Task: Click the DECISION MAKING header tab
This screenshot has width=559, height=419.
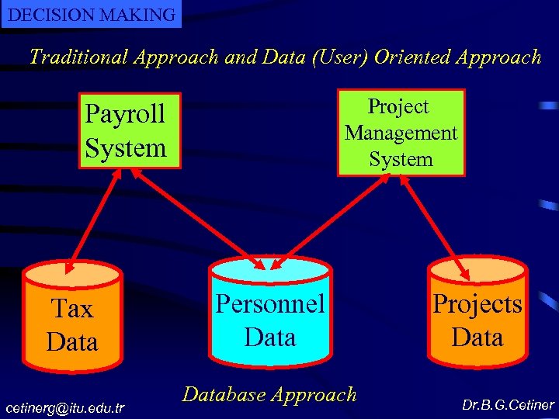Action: pyautogui.click(x=91, y=14)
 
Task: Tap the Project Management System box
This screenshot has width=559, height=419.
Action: pyautogui.click(x=401, y=133)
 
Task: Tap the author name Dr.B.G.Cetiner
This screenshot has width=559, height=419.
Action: pyautogui.click(x=508, y=405)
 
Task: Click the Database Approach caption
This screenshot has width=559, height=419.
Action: pyautogui.click(x=269, y=394)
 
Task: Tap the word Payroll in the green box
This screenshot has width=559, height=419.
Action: pyautogui.click(x=125, y=114)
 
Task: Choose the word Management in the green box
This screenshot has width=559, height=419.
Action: pyautogui.click(x=401, y=133)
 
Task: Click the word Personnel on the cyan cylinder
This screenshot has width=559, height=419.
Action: pyautogui.click(x=269, y=303)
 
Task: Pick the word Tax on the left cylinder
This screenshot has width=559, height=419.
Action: pyautogui.click(x=72, y=309)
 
